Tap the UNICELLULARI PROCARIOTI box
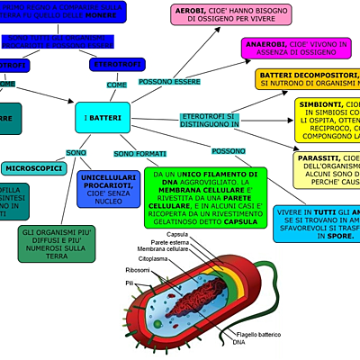coord(108,190)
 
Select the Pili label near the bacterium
coord(130,283)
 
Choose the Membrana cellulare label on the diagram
coord(163,249)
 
